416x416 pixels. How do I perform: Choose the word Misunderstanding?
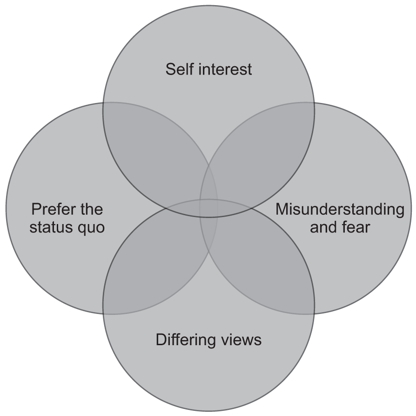point(340,210)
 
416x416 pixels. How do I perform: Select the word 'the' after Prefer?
point(88,209)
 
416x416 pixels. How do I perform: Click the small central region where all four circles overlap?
point(208,208)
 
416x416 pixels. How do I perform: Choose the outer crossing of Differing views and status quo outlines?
point(103,314)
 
